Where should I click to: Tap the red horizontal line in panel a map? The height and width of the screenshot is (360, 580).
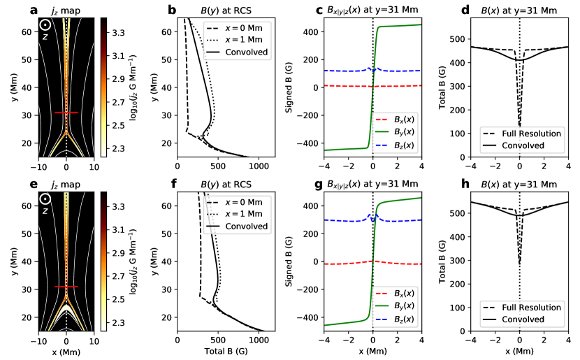pyautogui.click(x=66, y=112)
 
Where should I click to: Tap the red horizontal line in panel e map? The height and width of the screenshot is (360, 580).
pyautogui.click(x=66, y=287)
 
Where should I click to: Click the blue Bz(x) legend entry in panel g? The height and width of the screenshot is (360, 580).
pyautogui.click(x=400, y=316)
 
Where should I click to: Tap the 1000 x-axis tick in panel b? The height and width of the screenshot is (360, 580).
pyautogui.click(x=260, y=167)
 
